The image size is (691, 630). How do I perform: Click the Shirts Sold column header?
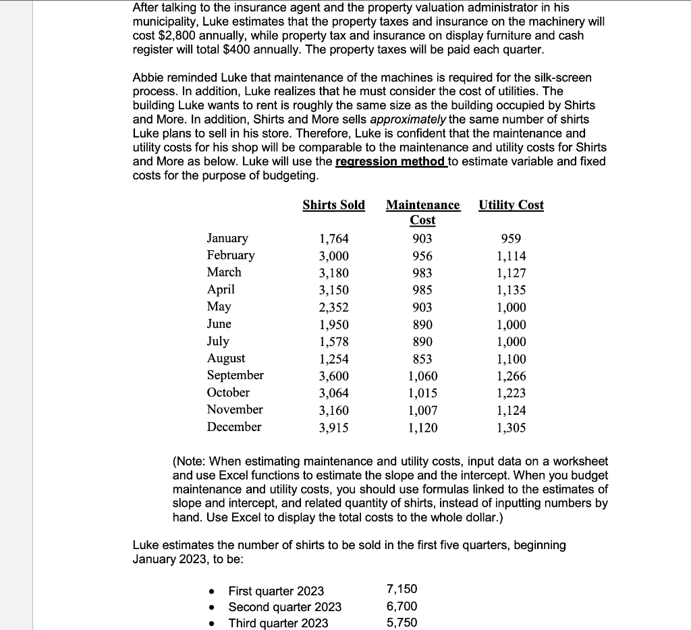tap(333, 205)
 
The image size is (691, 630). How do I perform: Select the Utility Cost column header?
tap(511, 205)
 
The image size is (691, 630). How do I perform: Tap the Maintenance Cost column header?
tap(422, 212)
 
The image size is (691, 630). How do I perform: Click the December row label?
tap(233, 427)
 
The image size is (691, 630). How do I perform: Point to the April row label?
tap(221, 289)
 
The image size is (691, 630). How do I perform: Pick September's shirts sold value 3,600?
tap(333, 376)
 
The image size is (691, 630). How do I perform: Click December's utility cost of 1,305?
tap(511, 427)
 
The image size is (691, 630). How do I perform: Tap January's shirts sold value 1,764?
tap(333, 239)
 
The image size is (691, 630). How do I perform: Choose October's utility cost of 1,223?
tap(511, 393)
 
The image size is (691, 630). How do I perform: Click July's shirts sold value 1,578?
tap(333, 341)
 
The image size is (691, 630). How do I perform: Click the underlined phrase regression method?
tap(391, 162)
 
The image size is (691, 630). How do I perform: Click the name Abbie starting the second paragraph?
tap(148, 78)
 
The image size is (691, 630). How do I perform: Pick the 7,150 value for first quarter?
tap(402, 590)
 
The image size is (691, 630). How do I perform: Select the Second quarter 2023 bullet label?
tap(285, 607)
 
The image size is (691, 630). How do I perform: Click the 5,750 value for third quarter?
tap(402, 623)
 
